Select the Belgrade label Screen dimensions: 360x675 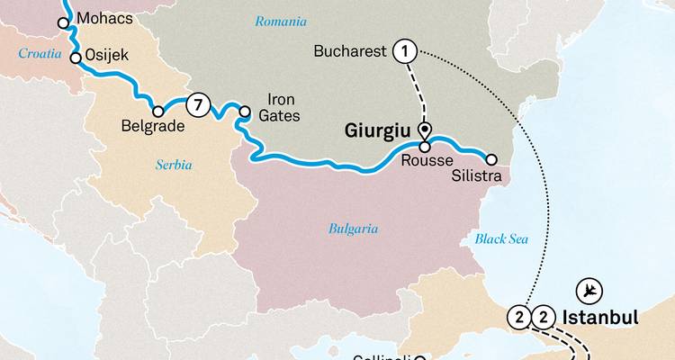click(x=152, y=128)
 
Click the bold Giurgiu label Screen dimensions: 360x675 click(x=378, y=131)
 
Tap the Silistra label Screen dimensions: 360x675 click(x=476, y=176)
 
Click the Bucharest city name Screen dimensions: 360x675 click(x=348, y=51)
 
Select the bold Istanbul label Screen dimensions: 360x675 click(x=600, y=317)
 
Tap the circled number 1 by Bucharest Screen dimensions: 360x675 click(x=405, y=52)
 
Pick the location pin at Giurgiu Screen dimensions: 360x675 click(x=425, y=130)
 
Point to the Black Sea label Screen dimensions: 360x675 click(x=500, y=238)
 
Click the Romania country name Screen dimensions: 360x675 click(x=280, y=21)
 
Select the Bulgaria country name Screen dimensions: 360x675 click(x=352, y=229)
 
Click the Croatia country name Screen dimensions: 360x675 click(x=39, y=54)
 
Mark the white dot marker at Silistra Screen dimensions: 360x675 click(x=490, y=162)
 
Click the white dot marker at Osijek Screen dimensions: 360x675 click(x=76, y=57)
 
